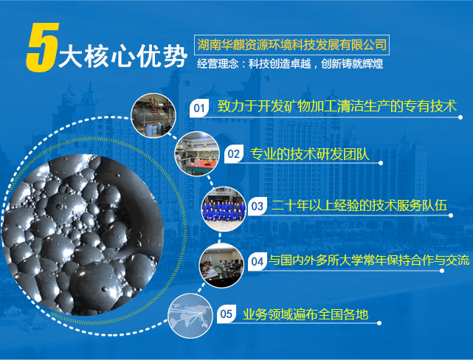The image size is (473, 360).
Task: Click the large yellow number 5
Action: pos(43,48)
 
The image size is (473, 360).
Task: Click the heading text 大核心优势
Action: pos(123,56)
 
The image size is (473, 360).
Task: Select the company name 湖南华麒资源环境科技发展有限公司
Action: pos(291,45)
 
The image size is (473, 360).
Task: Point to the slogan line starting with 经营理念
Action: pos(290,63)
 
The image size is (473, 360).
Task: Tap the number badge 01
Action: pos(199,108)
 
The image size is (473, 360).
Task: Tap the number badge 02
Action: pos(234,154)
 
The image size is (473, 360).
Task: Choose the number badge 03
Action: pos(258,207)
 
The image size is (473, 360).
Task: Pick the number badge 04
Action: pos(258,261)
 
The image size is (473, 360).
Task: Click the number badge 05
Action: pos(227,314)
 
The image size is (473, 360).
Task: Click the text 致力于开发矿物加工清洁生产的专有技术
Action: pos(337,106)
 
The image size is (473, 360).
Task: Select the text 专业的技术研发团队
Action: pos(310,154)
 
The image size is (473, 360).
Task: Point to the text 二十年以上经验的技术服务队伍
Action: pos(359,206)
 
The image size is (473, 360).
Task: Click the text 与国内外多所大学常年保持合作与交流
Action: pos(369,260)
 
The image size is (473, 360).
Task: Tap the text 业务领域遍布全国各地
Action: pos(305,314)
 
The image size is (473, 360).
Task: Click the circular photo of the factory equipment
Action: pos(153,116)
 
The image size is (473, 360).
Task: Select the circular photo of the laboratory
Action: pos(197,153)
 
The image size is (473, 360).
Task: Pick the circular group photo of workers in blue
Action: pos(224,210)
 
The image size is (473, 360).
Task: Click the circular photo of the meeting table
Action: pos(221,265)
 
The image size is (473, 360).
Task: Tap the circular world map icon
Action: pos(190,316)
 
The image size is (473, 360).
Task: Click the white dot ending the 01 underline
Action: pos(460,117)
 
